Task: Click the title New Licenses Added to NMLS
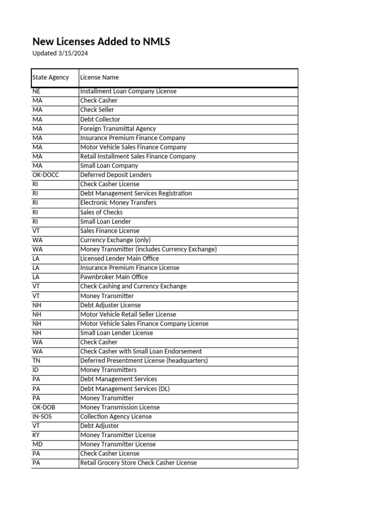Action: pyautogui.click(x=101, y=42)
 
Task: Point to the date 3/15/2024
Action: pyautogui.click(x=72, y=54)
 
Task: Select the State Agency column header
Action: pyautogui.click(x=51, y=77)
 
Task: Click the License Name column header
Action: pyautogui.click(x=100, y=77)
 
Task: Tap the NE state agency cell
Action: pyautogui.click(x=37, y=91)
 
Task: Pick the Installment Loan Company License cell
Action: pyautogui.click(x=128, y=91)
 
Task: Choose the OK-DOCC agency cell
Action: pyautogui.click(x=45, y=175)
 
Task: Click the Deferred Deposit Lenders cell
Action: pyautogui.click(x=116, y=175)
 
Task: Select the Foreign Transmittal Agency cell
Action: pyautogui.click(x=118, y=128)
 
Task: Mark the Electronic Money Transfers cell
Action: pyautogui.click(x=118, y=202)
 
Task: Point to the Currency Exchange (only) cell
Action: pyautogui.click(x=115, y=240)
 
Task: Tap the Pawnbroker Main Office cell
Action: pyautogui.click(x=114, y=277)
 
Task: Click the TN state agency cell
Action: pyautogui.click(x=36, y=361)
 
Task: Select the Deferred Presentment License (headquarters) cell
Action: pyautogui.click(x=144, y=361)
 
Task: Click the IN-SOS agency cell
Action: pyautogui.click(x=42, y=416)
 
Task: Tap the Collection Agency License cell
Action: pyautogui.click(x=116, y=416)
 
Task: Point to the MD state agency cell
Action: pyautogui.click(x=38, y=444)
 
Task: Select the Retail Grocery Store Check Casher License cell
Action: pyautogui.click(x=138, y=463)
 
